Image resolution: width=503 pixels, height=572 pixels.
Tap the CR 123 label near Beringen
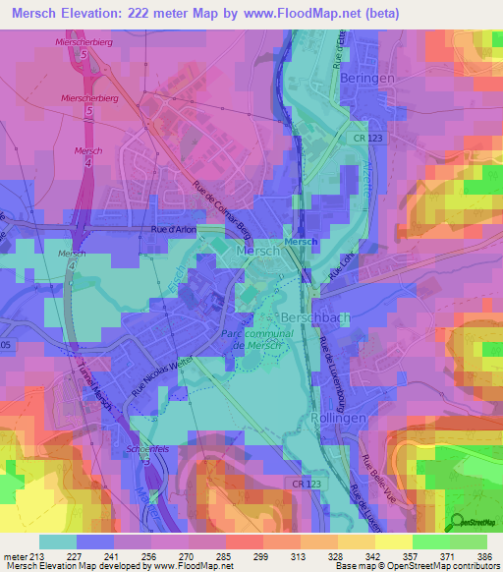tap(368, 139)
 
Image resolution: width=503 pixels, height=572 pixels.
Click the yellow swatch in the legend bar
tap(393, 541)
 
